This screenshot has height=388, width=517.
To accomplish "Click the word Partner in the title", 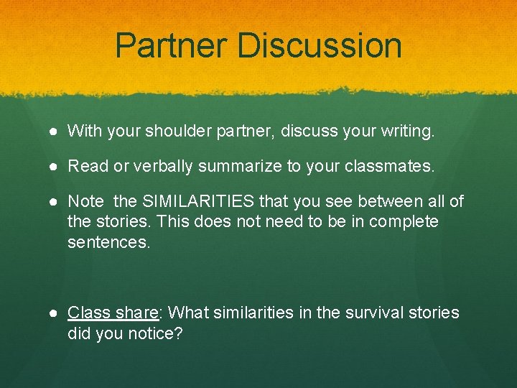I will (172, 45).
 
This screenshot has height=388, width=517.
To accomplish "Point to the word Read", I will (85, 167).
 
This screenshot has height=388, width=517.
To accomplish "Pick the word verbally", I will (160, 167).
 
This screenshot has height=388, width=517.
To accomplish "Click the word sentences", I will (108, 242).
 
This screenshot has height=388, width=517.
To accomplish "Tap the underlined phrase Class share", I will (113, 313).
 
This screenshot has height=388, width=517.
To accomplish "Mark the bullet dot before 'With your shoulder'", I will (55, 131).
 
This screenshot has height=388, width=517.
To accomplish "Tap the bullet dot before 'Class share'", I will (55, 314).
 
